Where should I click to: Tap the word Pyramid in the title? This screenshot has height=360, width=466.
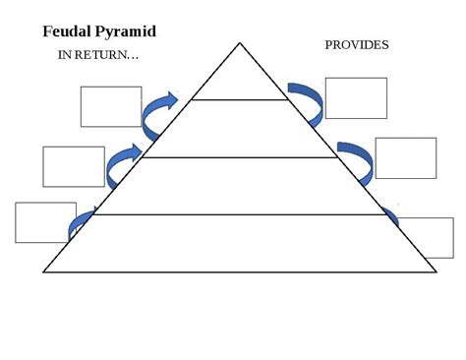point(128,32)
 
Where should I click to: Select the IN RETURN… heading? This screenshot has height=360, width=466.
point(98,55)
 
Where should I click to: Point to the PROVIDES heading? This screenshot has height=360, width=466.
point(357,45)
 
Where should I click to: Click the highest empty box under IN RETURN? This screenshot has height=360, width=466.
point(111,106)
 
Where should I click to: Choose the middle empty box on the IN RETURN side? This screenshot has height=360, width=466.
point(74,166)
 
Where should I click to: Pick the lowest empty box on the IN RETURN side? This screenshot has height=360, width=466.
point(45,222)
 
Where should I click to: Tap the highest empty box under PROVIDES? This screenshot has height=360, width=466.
point(356,97)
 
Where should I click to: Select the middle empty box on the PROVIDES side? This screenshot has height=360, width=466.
point(405,158)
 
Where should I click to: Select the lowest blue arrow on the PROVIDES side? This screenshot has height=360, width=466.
point(391,218)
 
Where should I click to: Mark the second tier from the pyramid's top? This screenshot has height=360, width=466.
point(240,129)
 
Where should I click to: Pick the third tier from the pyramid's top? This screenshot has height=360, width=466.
point(240,186)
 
